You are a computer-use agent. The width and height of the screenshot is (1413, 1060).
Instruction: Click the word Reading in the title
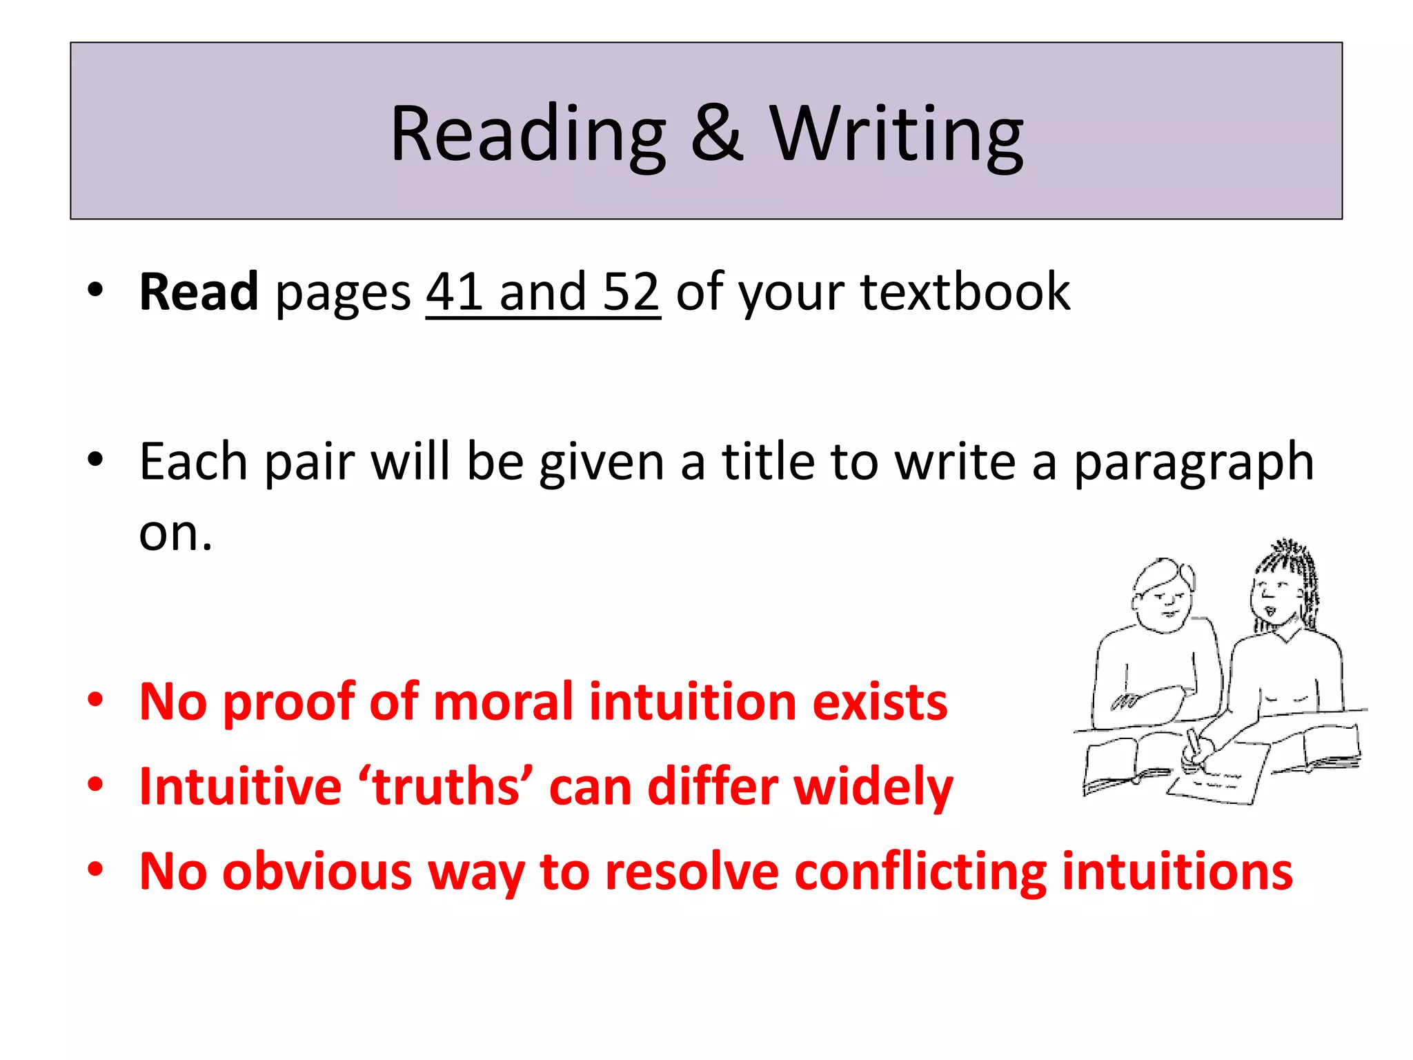point(528,135)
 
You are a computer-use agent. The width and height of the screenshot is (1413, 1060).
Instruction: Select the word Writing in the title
point(896,135)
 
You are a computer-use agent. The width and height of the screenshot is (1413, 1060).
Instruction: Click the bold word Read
point(199,293)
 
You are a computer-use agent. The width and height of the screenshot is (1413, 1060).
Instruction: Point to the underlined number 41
point(455,293)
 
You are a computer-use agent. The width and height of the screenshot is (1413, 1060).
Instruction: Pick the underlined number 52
point(631,293)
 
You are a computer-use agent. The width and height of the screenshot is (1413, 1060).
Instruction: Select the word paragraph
point(1194,463)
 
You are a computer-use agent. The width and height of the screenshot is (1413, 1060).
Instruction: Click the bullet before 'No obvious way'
point(95,870)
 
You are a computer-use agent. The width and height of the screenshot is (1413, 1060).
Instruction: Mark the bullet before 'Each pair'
point(95,459)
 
